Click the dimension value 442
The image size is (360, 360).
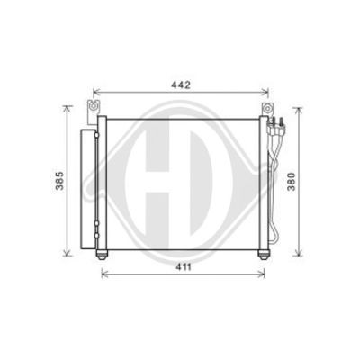pyautogui.click(x=181, y=85)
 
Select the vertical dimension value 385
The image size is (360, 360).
pyautogui.click(x=59, y=181)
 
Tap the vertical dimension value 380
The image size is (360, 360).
pyautogui.click(x=291, y=182)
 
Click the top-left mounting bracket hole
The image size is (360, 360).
pyautogui.click(x=94, y=106)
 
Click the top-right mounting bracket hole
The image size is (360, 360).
pyautogui.click(x=266, y=108)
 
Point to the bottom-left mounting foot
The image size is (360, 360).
pyautogui.click(x=102, y=256)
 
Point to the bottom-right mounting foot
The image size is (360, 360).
pyautogui.click(x=264, y=256)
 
